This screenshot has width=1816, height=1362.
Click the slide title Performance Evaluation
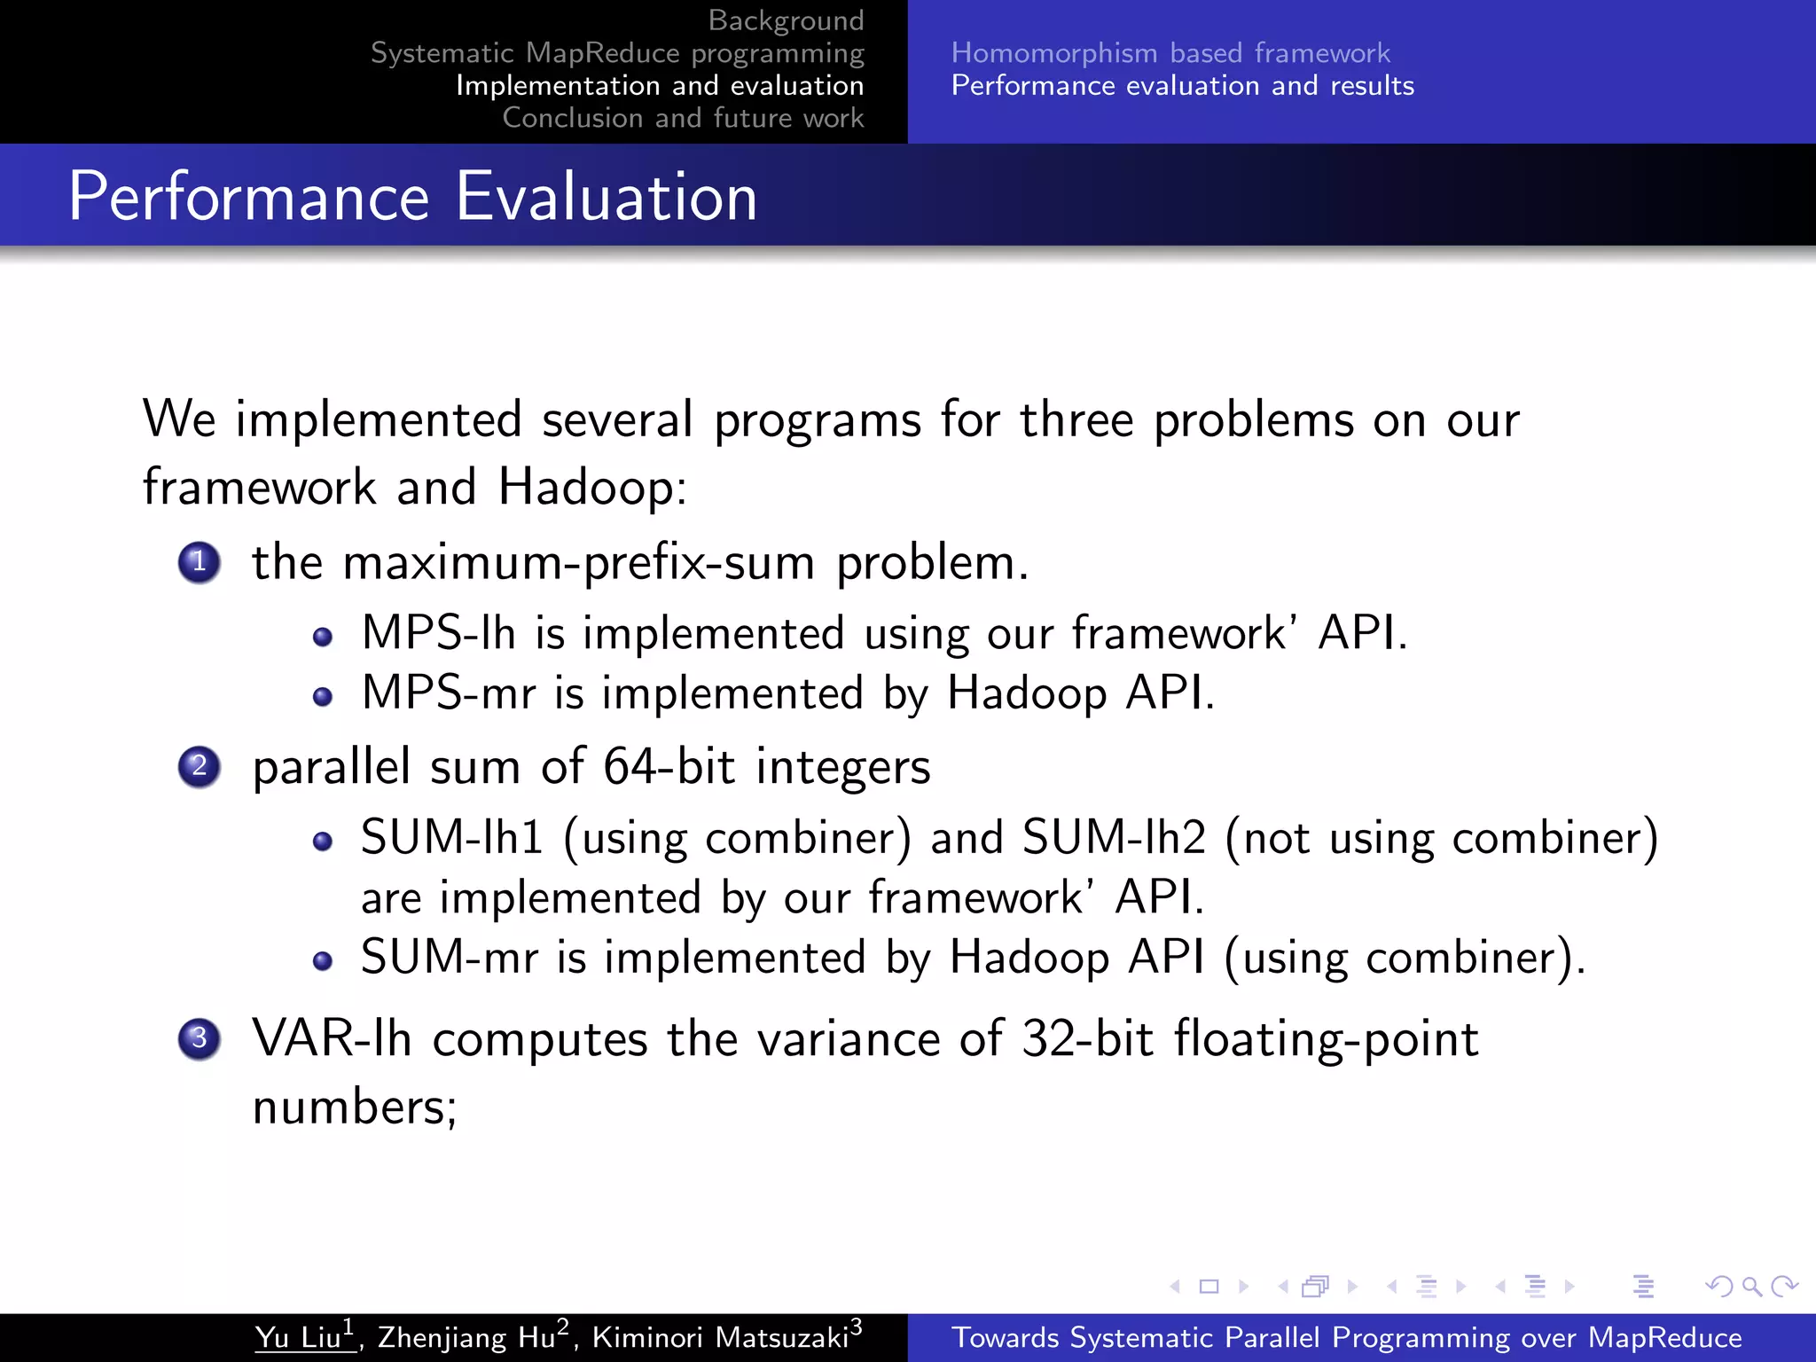pyautogui.click(x=413, y=196)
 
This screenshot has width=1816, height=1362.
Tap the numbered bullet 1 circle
pyautogui.click(x=199, y=562)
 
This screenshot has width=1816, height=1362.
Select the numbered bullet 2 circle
pyautogui.click(x=199, y=766)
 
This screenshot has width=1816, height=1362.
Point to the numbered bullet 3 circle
pyautogui.click(x=199, y=1037)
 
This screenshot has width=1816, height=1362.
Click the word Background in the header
pyautogui.click(x=786, y=20)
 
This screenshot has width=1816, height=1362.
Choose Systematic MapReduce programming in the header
pyautogui.click(x=617, y=53)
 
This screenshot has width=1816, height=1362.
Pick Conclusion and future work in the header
pyautogui.click(x=683, y=118)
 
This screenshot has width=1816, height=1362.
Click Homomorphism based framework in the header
pyautogui.click(x=1170, y=53)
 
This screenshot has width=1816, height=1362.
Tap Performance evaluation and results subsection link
pyautogui.click(x=1182, y=86)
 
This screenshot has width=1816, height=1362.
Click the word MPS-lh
pyautogui.click(x=439, y=633)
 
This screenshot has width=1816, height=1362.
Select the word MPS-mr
pyautogui.click(x=449, y=693)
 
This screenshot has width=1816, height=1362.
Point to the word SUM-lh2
pyautogui.click(x=1114, y=837)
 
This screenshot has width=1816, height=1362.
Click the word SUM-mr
pyautogui.click(x=450, y=958)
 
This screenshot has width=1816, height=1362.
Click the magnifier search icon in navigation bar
pyautogui.click(x=1751, y=1286)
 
